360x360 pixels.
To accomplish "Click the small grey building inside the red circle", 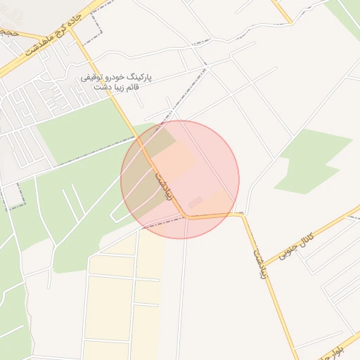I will (x=195, y=202).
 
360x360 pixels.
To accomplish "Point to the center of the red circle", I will (x=180, y=180).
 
